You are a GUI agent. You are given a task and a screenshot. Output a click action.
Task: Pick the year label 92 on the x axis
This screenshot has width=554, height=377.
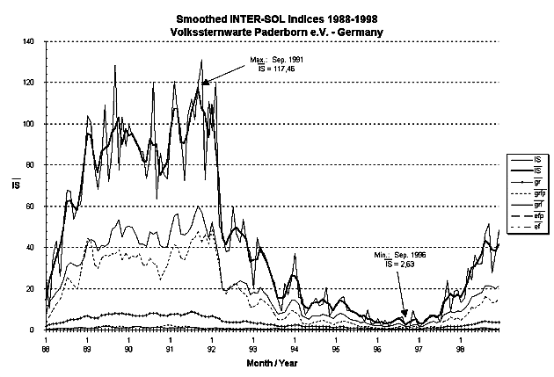click(x=212, y=348)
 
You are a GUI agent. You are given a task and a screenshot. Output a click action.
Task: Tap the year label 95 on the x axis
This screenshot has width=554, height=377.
click(x=336, y=348)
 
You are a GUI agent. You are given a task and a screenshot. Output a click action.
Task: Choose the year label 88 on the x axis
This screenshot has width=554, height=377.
click(x=46, y=348)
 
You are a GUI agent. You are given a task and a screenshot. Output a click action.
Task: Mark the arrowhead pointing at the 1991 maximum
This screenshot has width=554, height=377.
click(x=205, y=82)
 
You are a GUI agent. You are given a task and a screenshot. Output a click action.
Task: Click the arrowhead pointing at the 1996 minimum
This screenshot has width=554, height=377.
click(x=405, y=315)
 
